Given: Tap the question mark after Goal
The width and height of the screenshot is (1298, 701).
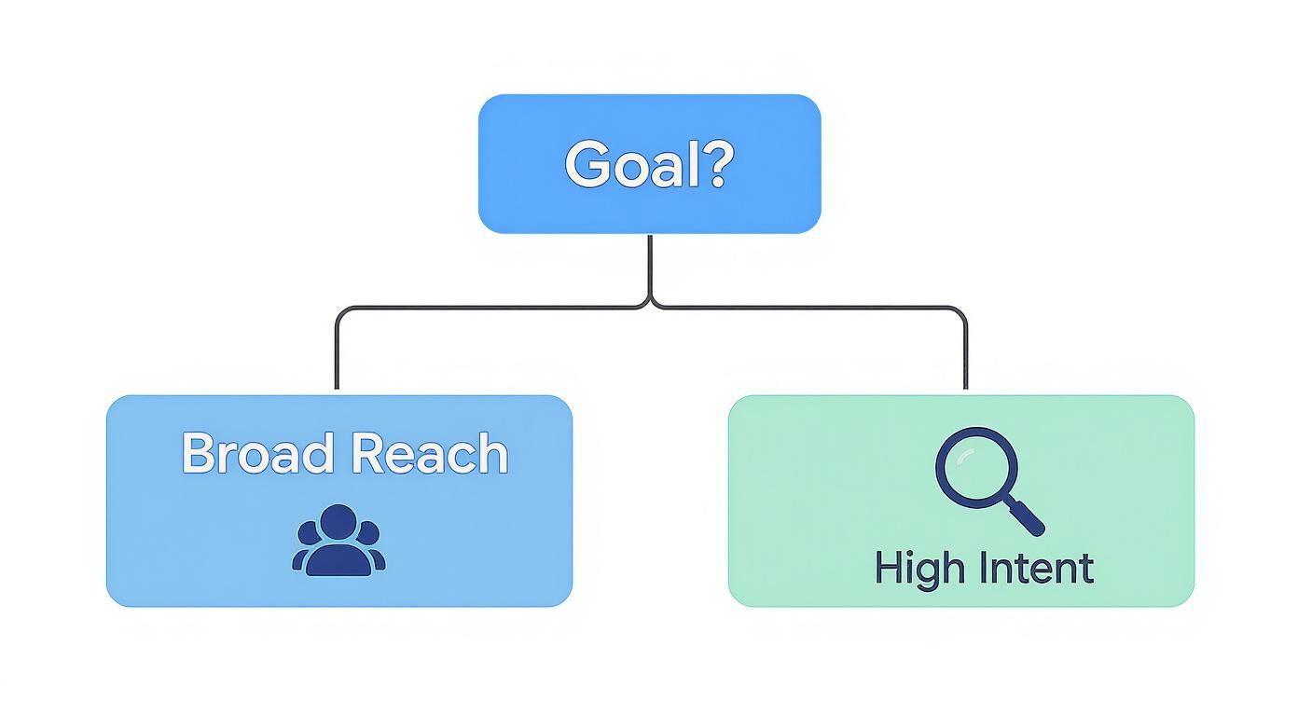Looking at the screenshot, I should (716, 164).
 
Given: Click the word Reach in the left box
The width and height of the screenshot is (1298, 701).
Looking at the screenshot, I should (430, 454).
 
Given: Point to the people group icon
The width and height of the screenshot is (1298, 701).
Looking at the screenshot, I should (338, 541).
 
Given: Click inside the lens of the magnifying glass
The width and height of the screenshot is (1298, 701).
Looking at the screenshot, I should (973, 465).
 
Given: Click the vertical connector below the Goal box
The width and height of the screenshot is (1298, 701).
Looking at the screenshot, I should (650, 266).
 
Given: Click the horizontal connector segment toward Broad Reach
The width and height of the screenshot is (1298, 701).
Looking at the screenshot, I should (485, 308).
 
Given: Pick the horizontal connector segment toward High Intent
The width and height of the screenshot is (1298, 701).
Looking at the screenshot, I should (811, 308).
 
